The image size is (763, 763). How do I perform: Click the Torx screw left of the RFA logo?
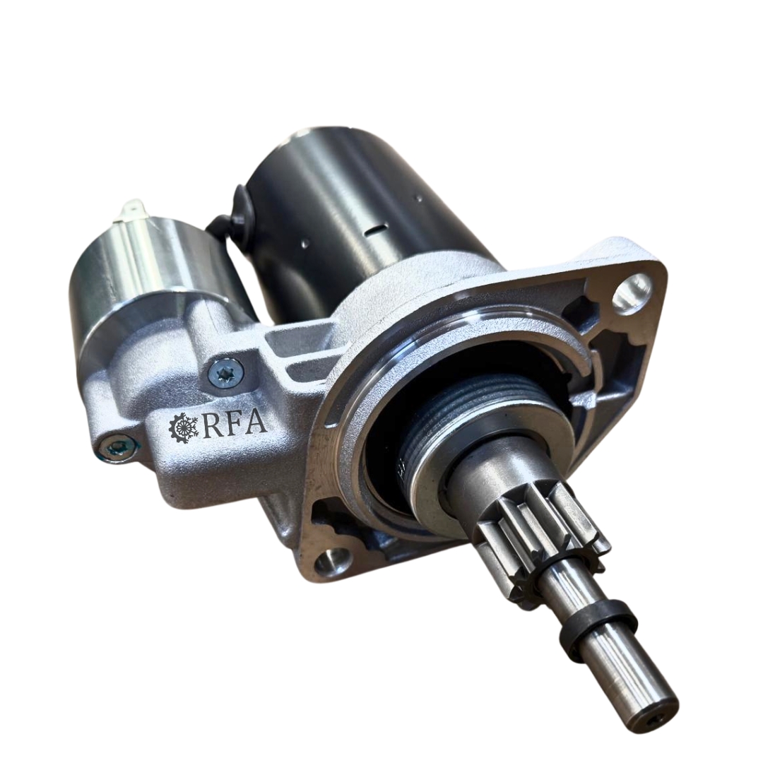pyautogui.click(x=117, y=444)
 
